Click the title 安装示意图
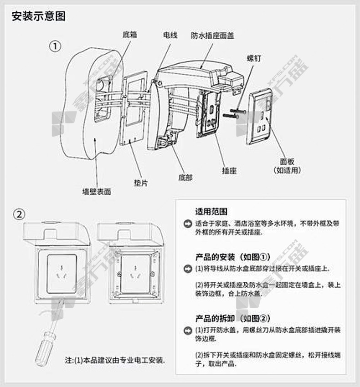tap(39, 16)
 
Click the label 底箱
tap(130, 34)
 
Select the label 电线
tap(170, 34)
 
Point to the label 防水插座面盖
tap(212, 35)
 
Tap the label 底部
tap(185, 177)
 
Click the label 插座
tap(229, 170)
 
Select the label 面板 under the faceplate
tap(287, 161)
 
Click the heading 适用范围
tap(211, 211)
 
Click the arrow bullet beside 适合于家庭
tap(187, 224)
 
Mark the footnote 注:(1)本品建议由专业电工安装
tap(115, 360)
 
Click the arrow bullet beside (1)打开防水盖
tap(187, 330)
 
